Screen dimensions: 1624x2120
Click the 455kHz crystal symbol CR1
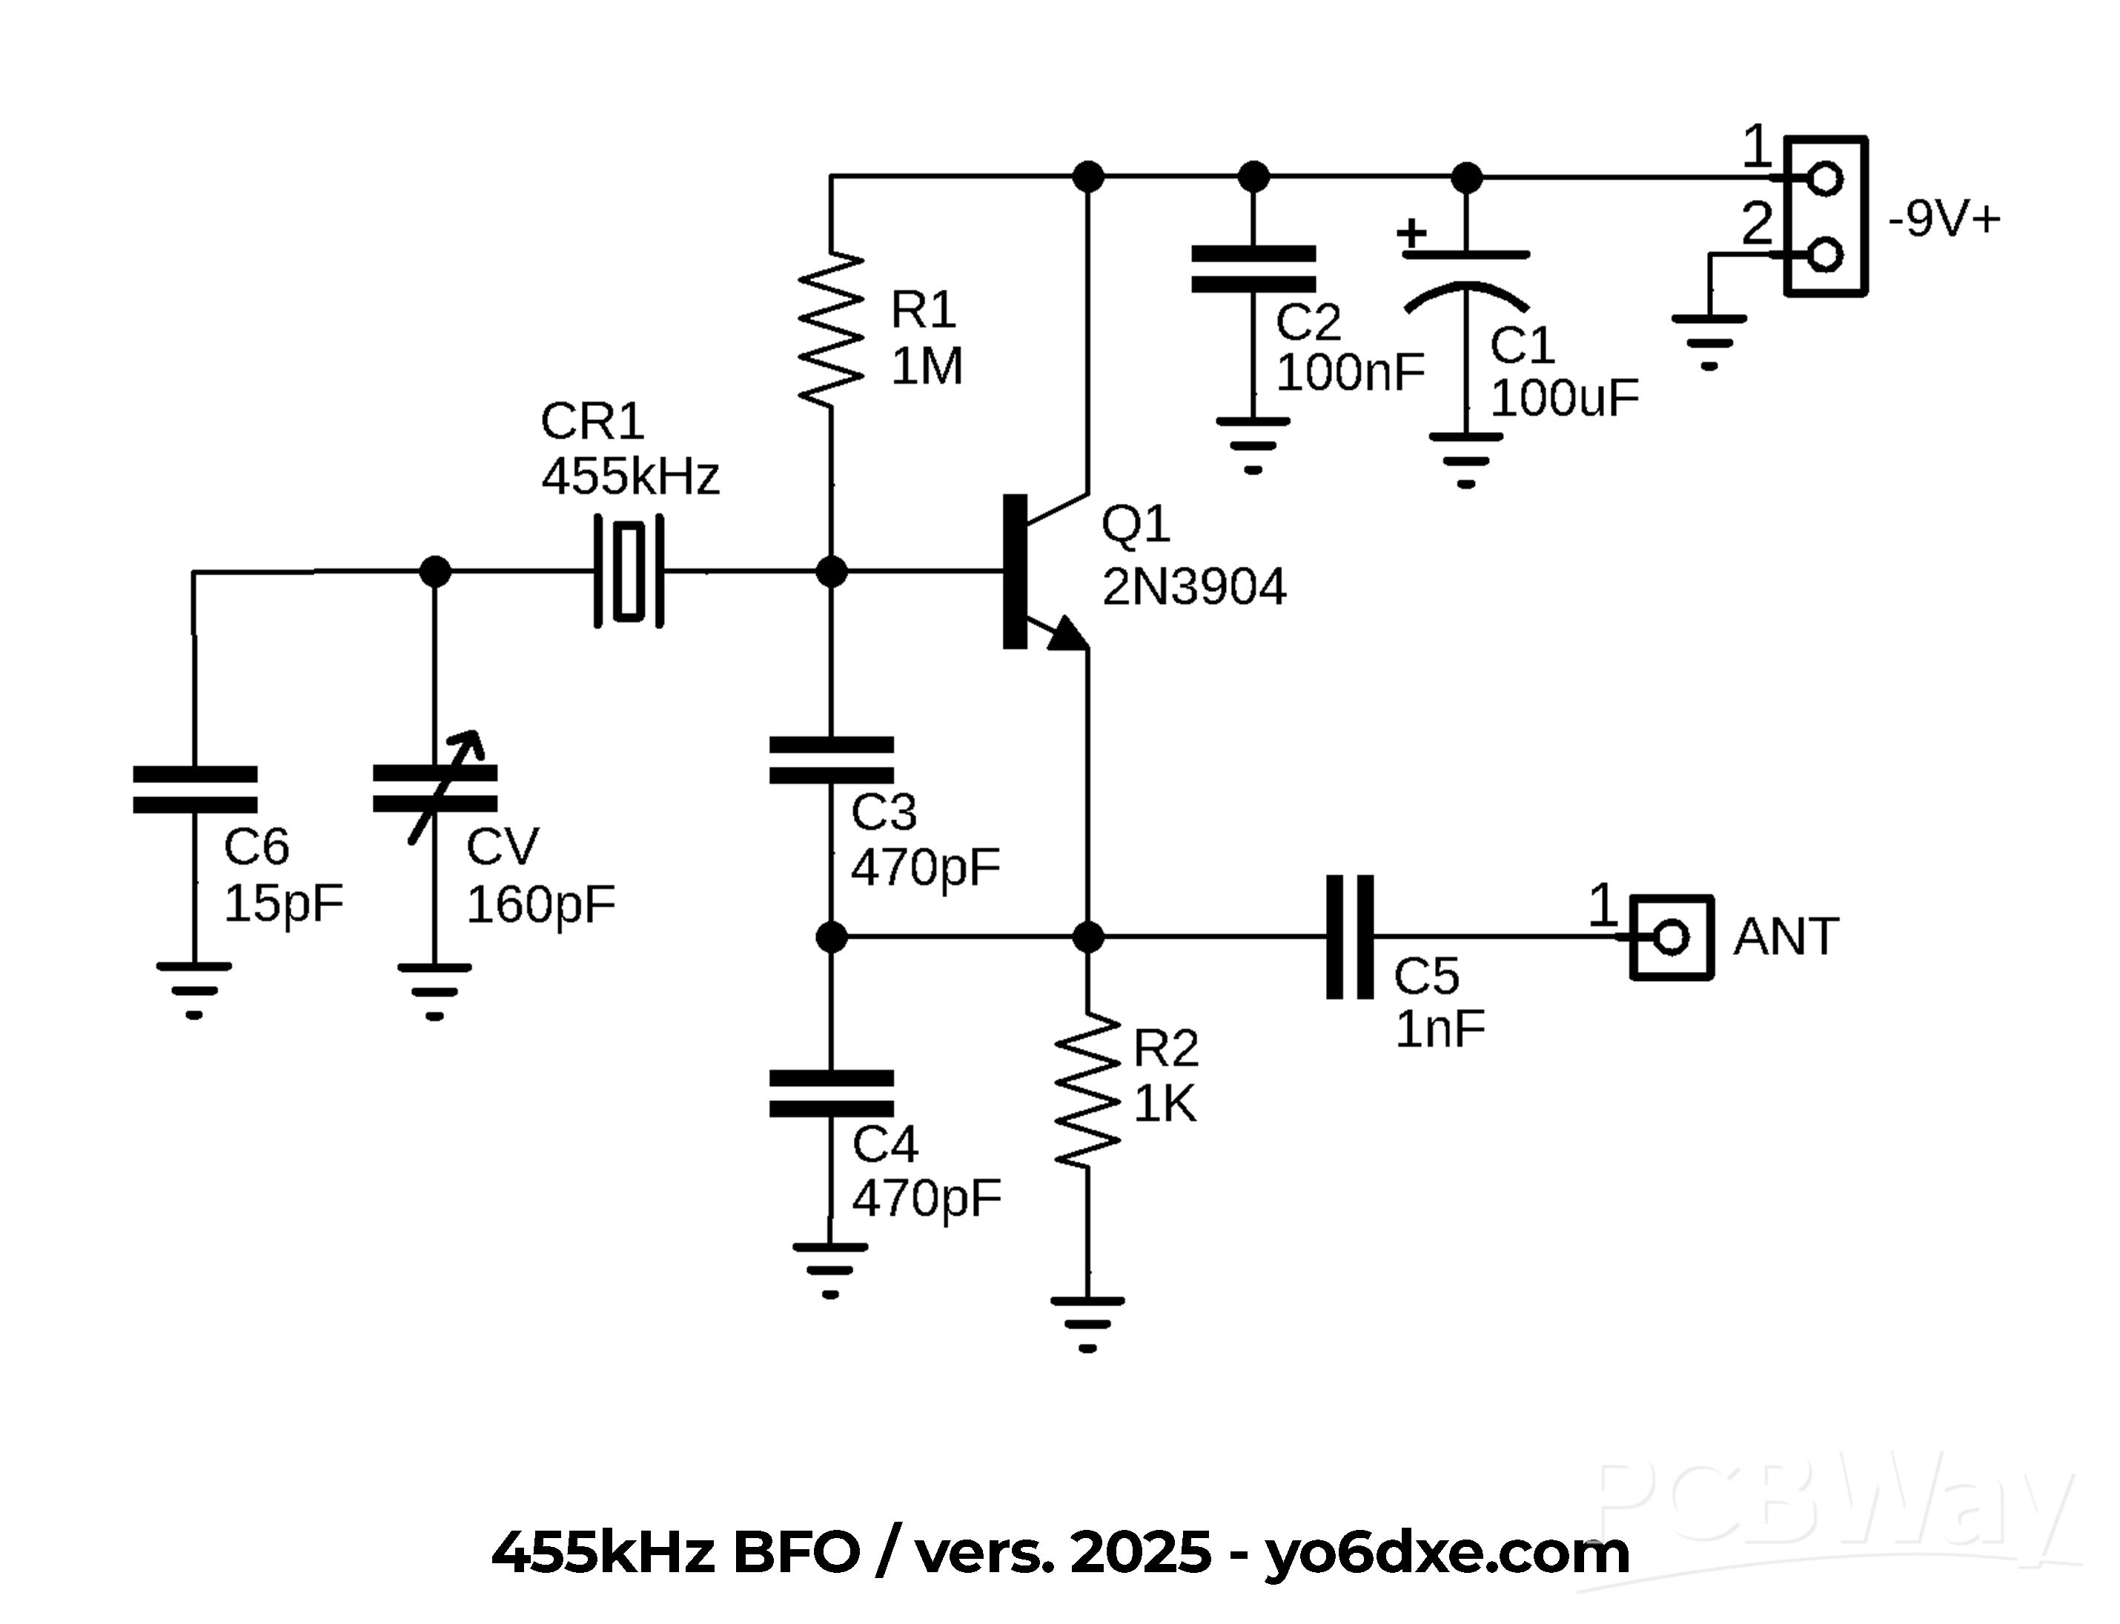tap(629, 571)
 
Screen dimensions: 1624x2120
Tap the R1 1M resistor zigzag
tap(831, 329)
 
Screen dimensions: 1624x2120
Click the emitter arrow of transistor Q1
tap(1067, 633)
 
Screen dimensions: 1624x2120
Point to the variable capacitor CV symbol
tap(435, 788)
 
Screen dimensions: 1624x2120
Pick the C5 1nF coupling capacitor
tap(1348, 936)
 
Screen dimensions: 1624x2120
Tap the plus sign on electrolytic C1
tap(1412, 233)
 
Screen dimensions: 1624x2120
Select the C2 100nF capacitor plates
tap(1253, 269)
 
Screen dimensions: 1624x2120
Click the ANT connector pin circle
tap(1672, 936)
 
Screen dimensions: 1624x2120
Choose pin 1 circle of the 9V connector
tap(1825, 179)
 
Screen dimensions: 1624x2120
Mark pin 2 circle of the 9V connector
tap(1825, 255)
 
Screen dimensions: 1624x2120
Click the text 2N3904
tap(1193, 587)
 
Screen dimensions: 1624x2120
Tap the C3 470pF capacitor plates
tap(831, 760)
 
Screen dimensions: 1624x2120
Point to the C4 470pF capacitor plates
tap(831, 1094)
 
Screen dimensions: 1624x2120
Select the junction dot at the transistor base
tap(831, 571)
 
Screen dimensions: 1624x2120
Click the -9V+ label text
tap(1944, 220)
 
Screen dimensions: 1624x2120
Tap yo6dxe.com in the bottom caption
tap(1447, 1552)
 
